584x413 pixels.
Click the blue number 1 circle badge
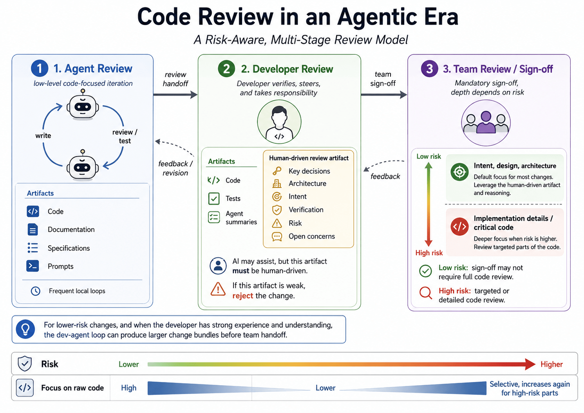[x=40, y=68]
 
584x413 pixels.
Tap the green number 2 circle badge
[x=226, y=69]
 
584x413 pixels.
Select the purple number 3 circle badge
[x=429, y=69]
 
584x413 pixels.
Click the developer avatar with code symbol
[x=279, y=122]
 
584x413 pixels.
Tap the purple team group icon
[x=486, y=123]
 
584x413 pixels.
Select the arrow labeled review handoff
[x=175, y=95]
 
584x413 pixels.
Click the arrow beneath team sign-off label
[x=384, y=95]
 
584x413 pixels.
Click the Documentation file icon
[x=33, y=229]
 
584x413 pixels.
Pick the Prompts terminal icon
[x=33, y=266]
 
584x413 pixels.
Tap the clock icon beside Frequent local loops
[x=36, y=291]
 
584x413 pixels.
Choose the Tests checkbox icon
[x=214, y=198]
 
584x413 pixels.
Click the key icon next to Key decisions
[x=277, y=171]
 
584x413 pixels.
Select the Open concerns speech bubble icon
[x=277, y=236]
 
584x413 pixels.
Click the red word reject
[x=242, y=296]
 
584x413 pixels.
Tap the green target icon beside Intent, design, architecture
[x=459, y=172]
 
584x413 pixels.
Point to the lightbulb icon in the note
[x=25, y=329]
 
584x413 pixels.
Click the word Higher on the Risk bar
[x=551, y=364]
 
